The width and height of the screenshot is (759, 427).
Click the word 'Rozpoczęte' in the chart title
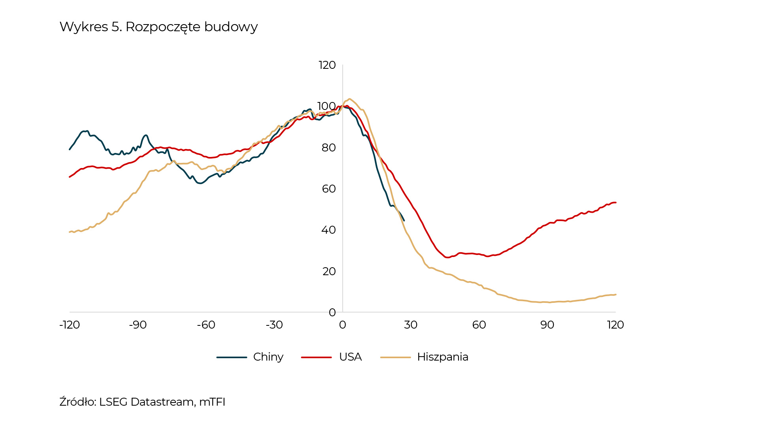163,27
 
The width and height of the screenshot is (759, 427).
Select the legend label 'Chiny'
268,357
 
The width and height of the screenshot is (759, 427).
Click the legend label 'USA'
350,357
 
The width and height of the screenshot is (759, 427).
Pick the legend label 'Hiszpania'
442,357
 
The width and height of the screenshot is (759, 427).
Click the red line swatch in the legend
316,357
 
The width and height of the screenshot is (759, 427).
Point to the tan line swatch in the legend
395,357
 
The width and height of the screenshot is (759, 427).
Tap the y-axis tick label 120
327,65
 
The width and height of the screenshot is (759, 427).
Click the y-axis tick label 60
329,189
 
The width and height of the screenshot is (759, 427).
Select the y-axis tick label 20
329,272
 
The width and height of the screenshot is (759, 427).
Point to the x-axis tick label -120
70,325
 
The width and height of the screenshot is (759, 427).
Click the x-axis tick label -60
206,325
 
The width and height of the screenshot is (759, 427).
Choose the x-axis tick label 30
411,325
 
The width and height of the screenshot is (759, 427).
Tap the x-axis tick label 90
547,325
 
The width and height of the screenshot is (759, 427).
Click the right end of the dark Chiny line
404,220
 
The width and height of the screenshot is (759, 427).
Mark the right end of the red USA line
616,202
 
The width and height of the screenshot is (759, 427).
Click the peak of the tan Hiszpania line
349,99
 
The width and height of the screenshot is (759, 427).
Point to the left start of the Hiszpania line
70,232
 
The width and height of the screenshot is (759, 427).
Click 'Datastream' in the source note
162,402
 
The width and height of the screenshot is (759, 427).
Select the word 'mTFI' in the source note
212,402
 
